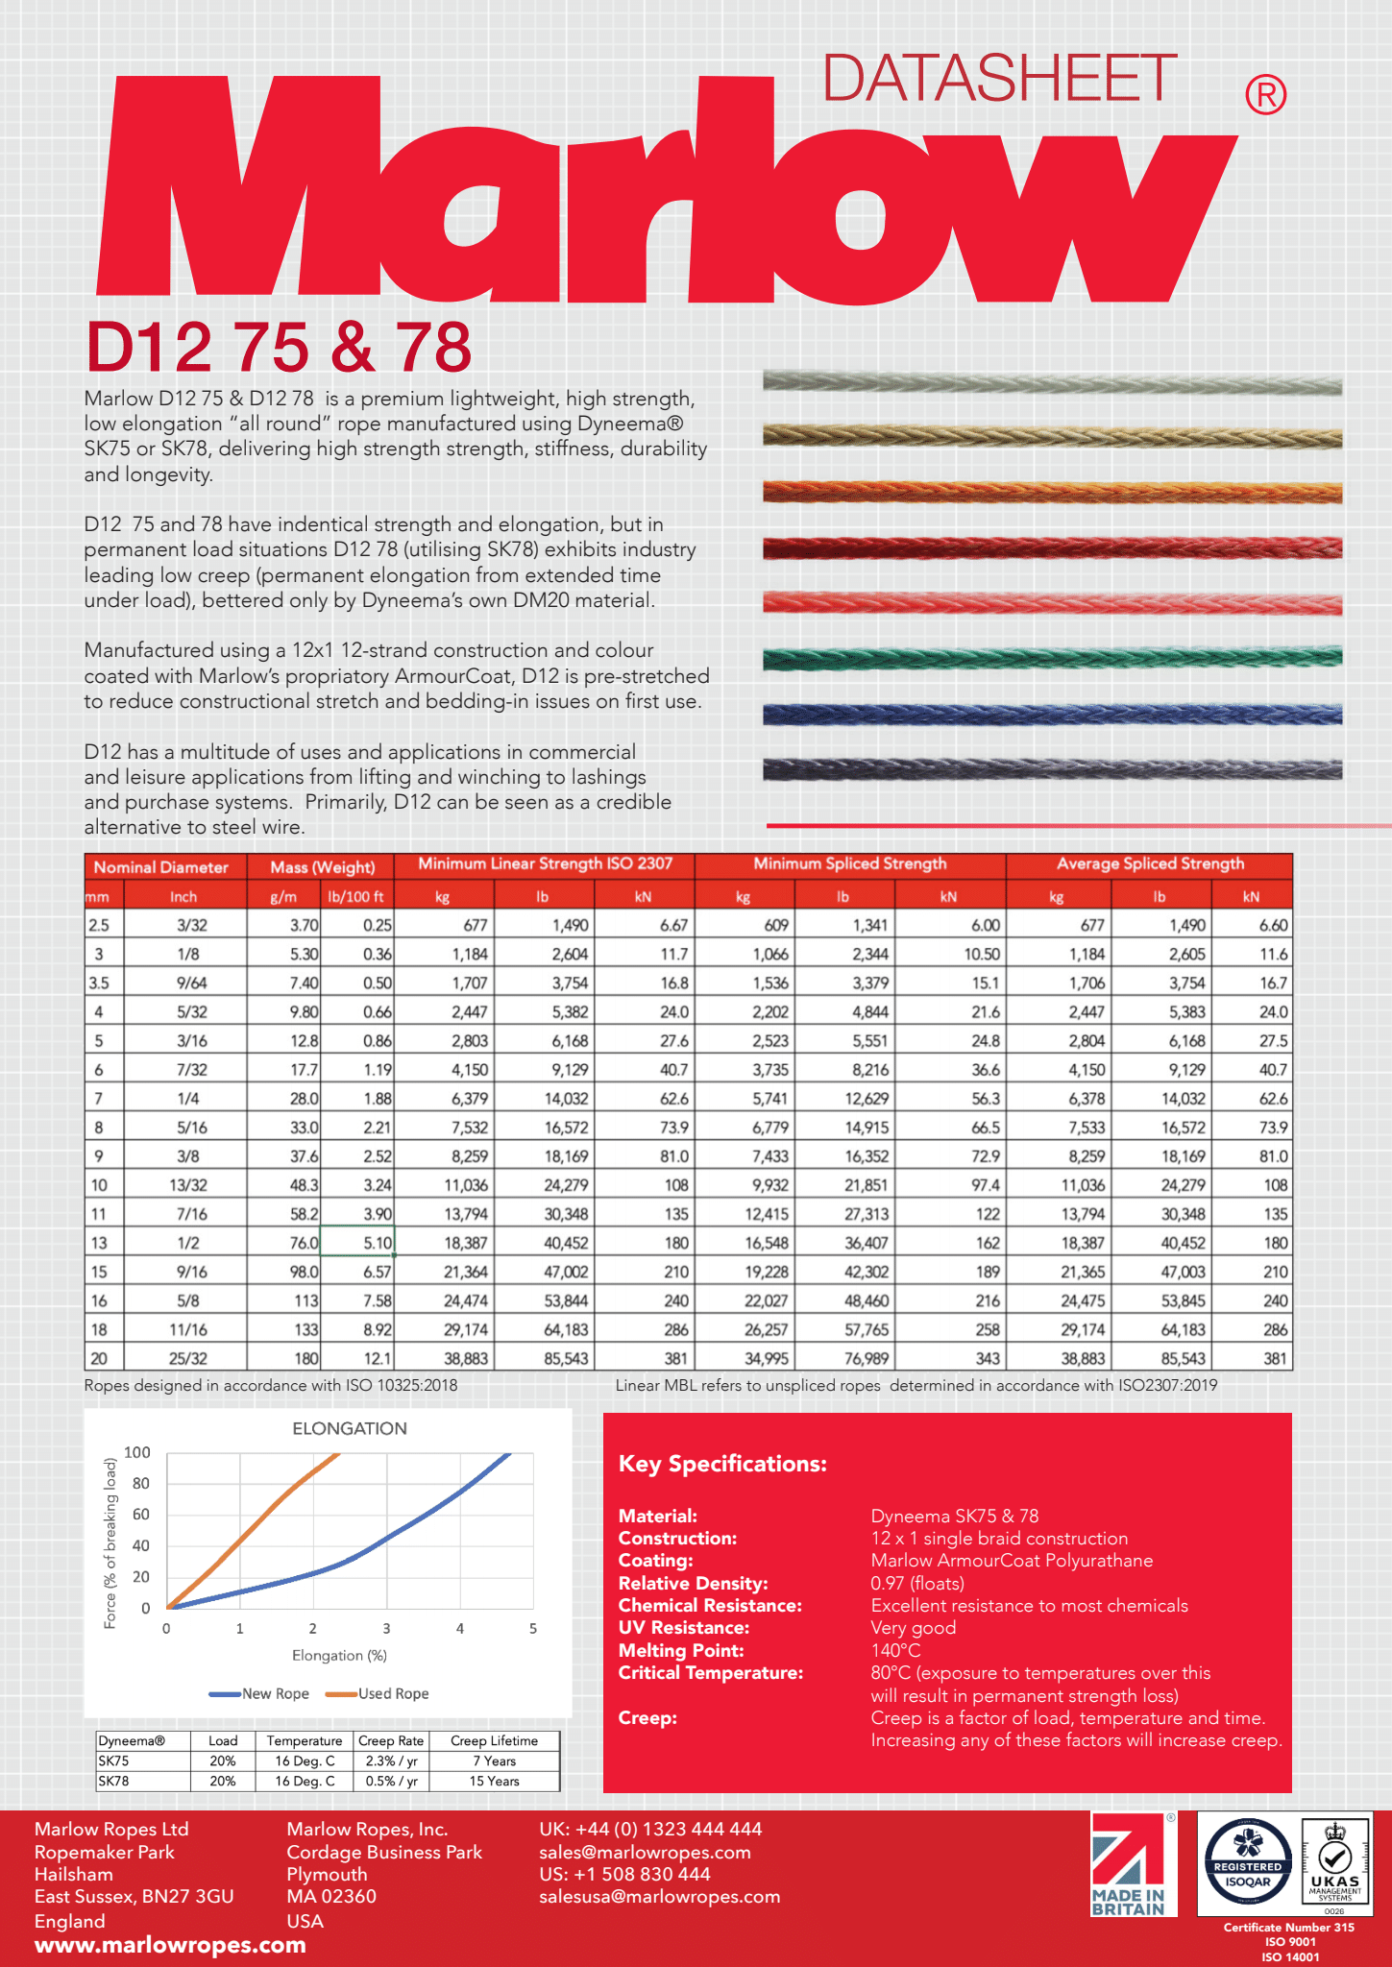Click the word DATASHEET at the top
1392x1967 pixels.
tap(999, 79)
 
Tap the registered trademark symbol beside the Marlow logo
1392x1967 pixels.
tap(1265, 95)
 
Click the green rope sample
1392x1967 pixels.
tap(1052, 658)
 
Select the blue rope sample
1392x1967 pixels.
tap(1052, 714)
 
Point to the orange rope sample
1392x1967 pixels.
tap(1052, 493)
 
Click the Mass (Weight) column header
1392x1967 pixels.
tap(322, 867)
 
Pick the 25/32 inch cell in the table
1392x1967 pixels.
tap(187, 1359)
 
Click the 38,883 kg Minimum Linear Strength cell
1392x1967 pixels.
tap(465, 1359)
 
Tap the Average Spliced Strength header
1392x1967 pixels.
tap(1150, 864)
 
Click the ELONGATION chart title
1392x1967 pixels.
tap(350, 1428)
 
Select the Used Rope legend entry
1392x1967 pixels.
tap(393, 1693)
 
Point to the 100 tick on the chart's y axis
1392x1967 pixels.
tap(137, 1452)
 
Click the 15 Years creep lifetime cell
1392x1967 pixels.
tap(494, 1781)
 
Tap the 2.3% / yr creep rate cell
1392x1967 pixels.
tap(391, 1761)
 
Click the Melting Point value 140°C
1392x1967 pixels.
tap(895, 1650)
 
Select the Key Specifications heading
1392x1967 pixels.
tap(722, 1464)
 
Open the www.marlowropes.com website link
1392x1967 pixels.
tap(170, 1945)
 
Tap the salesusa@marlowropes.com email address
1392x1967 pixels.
tap(659, 1896)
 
